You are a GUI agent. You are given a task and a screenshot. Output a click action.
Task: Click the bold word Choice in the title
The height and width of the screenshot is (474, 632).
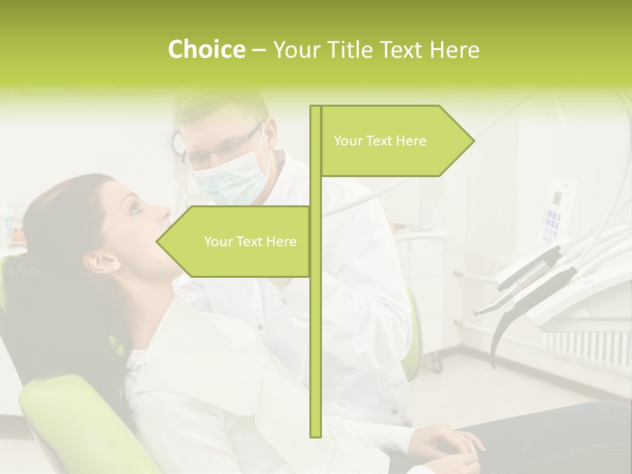click(206, 49)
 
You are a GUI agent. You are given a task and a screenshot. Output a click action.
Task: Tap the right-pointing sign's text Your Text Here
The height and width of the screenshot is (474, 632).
click(380, 141)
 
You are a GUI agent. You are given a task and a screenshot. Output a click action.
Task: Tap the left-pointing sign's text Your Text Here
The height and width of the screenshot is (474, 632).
click(250, 242)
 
